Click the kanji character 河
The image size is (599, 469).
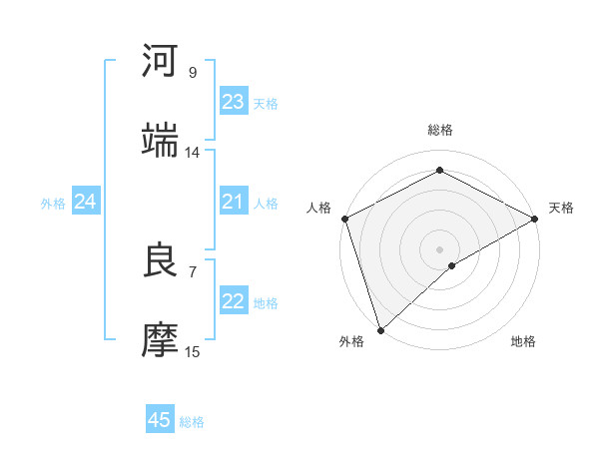161,61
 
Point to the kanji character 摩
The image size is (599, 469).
161,338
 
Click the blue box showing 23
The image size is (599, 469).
233,102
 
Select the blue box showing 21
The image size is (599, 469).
233,203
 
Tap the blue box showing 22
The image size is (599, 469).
233,302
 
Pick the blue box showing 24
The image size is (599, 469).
85,203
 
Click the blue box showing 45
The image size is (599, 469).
160,420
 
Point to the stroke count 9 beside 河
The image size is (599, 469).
192,73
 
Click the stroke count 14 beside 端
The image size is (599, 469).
192,152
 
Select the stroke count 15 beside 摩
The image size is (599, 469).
192,351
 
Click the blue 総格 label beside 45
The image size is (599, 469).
192,422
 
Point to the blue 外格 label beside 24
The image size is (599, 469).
53,204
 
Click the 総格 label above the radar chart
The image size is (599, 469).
439,130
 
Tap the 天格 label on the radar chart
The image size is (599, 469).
561,208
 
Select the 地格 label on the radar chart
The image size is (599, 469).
523,342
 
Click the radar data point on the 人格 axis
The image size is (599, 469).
344,219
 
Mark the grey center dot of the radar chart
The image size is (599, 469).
439,248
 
